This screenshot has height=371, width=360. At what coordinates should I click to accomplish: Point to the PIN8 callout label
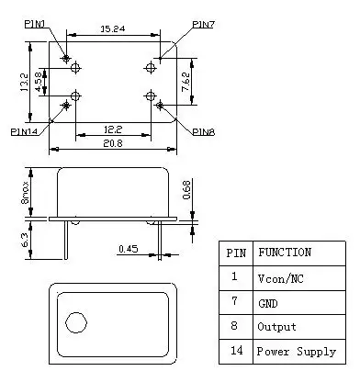204,131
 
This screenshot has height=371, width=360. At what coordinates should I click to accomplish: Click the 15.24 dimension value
114,30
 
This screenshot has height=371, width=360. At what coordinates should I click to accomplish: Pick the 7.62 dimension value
186,84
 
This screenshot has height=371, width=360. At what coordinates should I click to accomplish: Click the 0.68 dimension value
187,189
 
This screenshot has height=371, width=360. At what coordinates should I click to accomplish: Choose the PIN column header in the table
236,253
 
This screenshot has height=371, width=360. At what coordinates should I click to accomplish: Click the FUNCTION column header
284,253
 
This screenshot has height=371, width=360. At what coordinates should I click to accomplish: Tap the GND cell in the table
267,302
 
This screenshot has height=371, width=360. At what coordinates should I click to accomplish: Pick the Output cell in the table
275,326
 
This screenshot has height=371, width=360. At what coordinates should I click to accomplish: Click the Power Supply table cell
296,352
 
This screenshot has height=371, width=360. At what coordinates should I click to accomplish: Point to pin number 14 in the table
236,352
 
